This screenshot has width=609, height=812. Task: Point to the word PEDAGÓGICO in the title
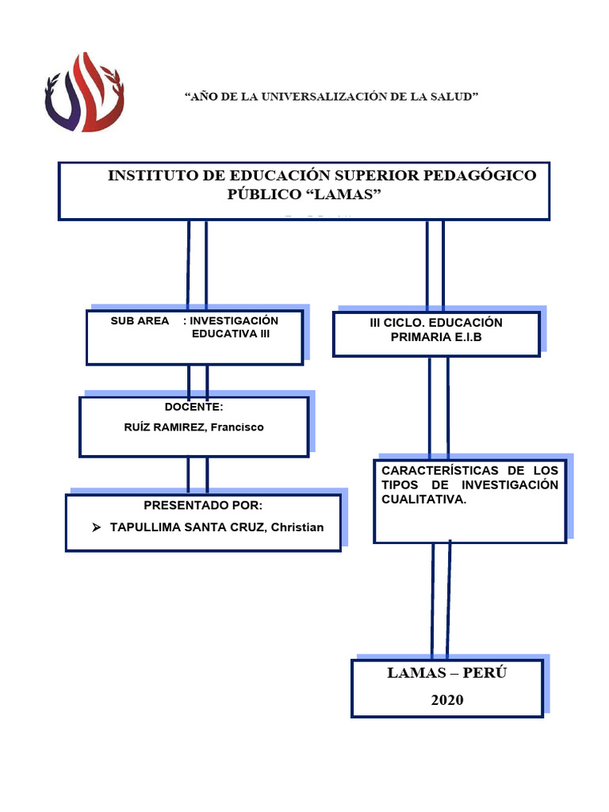click(x=487, y=175)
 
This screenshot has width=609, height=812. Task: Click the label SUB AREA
click(x=140, y=320)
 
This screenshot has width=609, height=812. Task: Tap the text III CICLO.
click(x=396, y=323)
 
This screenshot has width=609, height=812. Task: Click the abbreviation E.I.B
click(x=465, y=338)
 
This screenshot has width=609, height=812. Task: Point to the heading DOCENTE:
click(x=193, y=407)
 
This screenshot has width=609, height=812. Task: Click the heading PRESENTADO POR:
click(x=202, y=506)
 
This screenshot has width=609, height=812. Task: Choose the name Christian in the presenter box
click(x=297, y=527)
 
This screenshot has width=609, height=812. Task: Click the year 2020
click(x=447, y=699)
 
